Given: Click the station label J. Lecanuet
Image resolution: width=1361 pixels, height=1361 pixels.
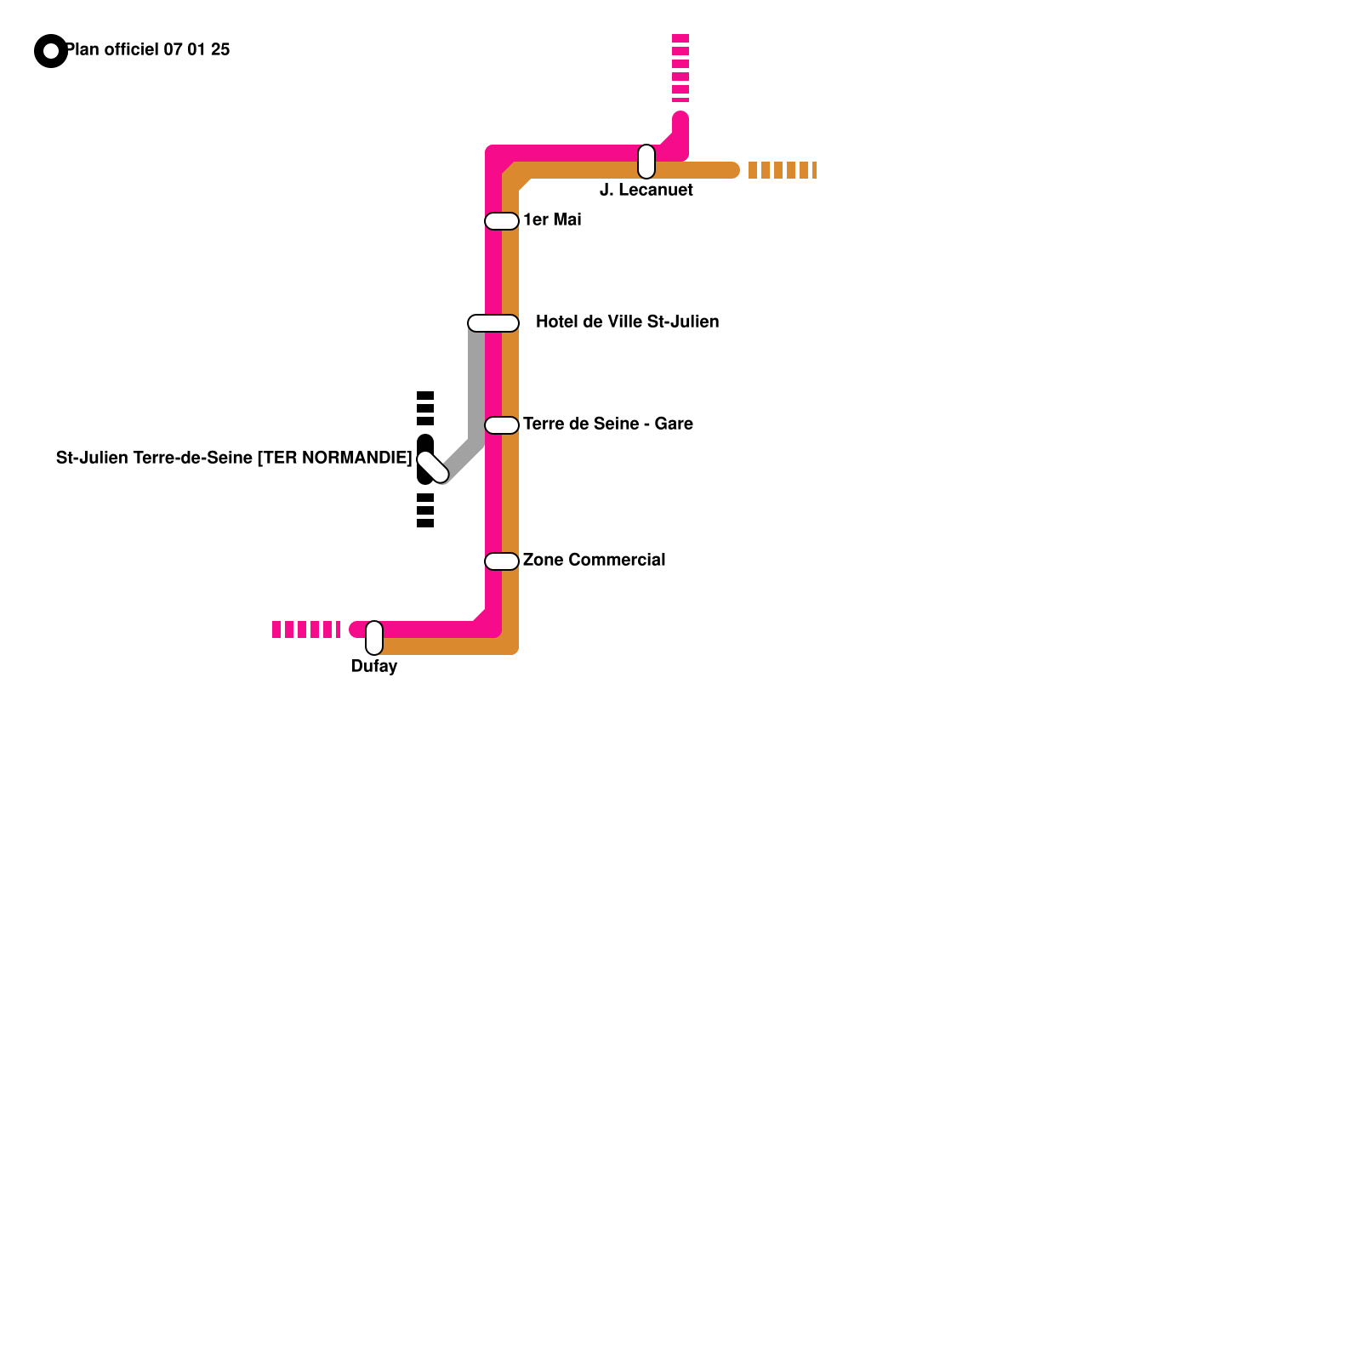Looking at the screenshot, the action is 646,190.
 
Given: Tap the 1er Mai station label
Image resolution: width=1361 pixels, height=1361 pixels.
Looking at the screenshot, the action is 552,219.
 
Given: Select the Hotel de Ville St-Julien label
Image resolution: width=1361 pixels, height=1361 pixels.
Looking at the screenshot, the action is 627,322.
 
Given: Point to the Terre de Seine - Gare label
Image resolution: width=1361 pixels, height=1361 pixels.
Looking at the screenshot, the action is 607,424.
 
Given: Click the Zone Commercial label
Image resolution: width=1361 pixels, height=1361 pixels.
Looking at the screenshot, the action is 594,560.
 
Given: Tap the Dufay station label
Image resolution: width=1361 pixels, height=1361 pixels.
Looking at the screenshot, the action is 374,666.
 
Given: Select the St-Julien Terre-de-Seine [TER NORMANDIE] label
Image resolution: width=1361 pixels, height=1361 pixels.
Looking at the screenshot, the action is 234,458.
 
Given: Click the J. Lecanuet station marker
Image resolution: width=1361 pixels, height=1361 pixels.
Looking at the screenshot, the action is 646,162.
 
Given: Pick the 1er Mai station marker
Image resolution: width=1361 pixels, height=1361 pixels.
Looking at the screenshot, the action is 502,221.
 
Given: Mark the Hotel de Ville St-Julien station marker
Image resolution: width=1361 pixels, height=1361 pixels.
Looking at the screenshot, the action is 493,323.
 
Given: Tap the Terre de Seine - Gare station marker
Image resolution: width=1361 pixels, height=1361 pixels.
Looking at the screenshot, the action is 502,425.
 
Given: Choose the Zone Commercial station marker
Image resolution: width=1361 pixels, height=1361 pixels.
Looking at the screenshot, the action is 502,561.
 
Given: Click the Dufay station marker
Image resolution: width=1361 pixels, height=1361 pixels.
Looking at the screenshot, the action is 374,638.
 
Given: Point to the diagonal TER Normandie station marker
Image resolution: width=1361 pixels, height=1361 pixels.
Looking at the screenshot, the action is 433,467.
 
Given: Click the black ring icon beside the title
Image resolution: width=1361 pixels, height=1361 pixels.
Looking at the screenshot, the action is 51,51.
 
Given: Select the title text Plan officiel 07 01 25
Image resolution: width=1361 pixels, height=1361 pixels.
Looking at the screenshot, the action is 148,49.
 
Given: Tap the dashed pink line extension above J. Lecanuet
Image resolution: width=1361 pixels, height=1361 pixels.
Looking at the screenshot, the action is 680,68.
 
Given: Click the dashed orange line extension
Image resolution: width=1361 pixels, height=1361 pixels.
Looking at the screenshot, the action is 783,170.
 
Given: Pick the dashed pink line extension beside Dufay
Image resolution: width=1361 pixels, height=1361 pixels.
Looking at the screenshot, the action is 306,629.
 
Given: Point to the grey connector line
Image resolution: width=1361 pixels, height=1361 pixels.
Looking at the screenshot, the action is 476,391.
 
